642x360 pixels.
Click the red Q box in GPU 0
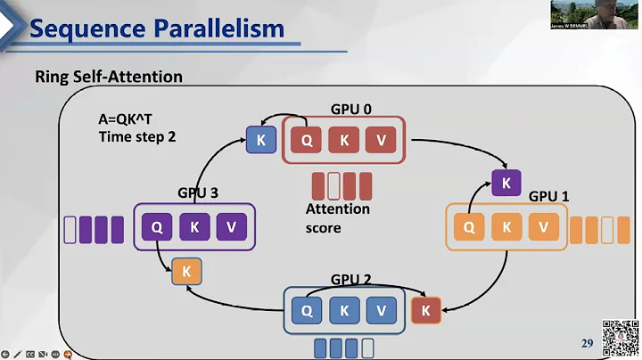pyautogui.click(x=306, y=140)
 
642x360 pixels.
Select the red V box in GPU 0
pyautogui.click(x=380, y=140)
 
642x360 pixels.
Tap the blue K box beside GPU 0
pyautogui.click(x=260, y=140)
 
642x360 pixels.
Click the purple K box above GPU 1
pyautogui.click(x=506, y=184)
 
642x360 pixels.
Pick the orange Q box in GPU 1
pyautogui.click(x=469, y=227)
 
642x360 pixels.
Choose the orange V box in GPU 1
pyautogui.click(x=543, y=227)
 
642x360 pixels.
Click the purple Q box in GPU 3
pyautogui.click(x=157, y=226)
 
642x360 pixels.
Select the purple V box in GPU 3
pyautogui.click(x=231, y=226)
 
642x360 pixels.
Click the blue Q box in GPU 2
pyautogui.click(x=307, y=310)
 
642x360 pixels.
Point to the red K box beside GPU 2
pyautogui.click(x=425, y=310)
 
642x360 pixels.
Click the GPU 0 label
pyautogui.click(x=350, y=109)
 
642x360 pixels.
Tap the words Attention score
pyautogui.click(x=337, y=218)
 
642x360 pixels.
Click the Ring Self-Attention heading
pyautogui.click(x=109, y=77)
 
